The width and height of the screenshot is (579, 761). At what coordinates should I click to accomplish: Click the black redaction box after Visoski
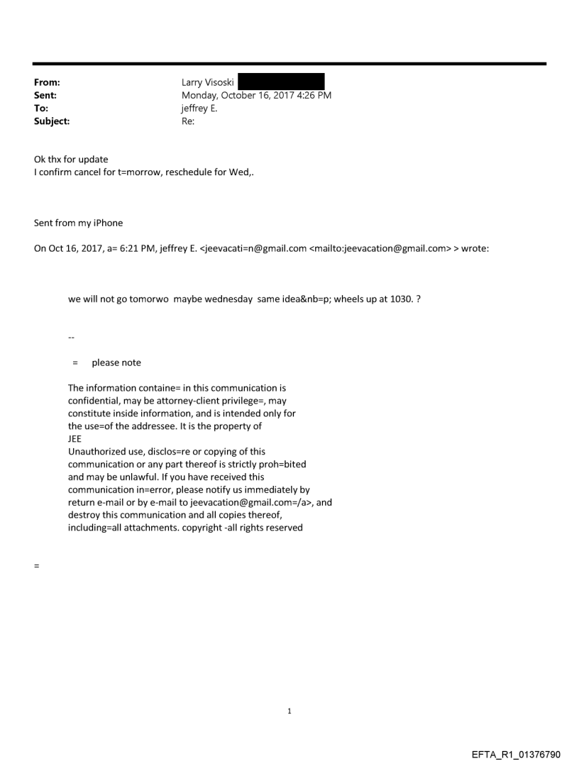(x=281, y=82)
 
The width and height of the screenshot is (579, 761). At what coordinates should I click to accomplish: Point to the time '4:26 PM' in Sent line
(x=312, y=96)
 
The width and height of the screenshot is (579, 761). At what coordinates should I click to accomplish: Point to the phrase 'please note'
(x=116, y=362)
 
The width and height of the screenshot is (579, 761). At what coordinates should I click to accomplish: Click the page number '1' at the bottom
(x=289, y=711)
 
